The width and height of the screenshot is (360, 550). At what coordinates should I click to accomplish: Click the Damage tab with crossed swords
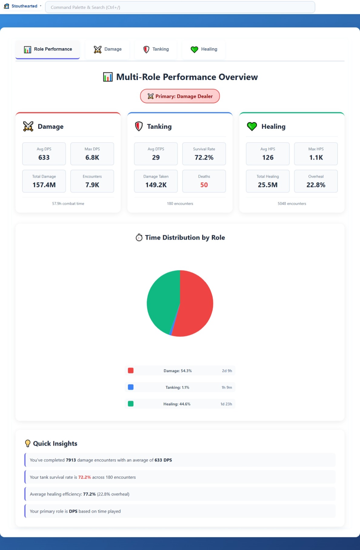click(108, 49)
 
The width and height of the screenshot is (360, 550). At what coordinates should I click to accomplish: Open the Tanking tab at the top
click(156, 49)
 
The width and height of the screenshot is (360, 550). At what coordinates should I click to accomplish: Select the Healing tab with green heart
click(204, 49)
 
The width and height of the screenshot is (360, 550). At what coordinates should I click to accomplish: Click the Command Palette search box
click(180, 7)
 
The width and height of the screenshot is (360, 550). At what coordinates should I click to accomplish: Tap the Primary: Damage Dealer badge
click(180, 96)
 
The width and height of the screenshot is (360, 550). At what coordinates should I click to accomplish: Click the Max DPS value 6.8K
click(92, 157)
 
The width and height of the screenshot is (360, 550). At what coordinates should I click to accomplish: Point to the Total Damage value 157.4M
click(44, 185)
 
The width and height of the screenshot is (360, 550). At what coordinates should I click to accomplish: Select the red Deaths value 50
click(204, 185)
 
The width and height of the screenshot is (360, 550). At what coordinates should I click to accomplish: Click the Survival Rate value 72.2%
click(204, 157)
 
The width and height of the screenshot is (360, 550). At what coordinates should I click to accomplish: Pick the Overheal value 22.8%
click(316, 185)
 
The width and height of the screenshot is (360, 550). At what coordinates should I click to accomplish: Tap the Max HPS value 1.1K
click(316, 157)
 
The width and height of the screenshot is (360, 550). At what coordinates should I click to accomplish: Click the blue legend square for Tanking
click(131, 387)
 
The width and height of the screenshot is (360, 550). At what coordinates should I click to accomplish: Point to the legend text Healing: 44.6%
click(177, 404)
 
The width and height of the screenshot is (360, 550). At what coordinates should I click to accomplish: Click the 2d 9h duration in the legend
click(227, 371)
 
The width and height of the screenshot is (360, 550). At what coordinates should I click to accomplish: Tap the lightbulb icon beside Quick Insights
click(28, 443)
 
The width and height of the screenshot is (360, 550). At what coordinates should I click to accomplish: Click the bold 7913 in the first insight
click(71, 460)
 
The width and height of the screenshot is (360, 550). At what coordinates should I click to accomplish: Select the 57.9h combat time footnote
click(68, 204)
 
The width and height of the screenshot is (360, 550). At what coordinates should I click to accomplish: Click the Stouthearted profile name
click(24, 6)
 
